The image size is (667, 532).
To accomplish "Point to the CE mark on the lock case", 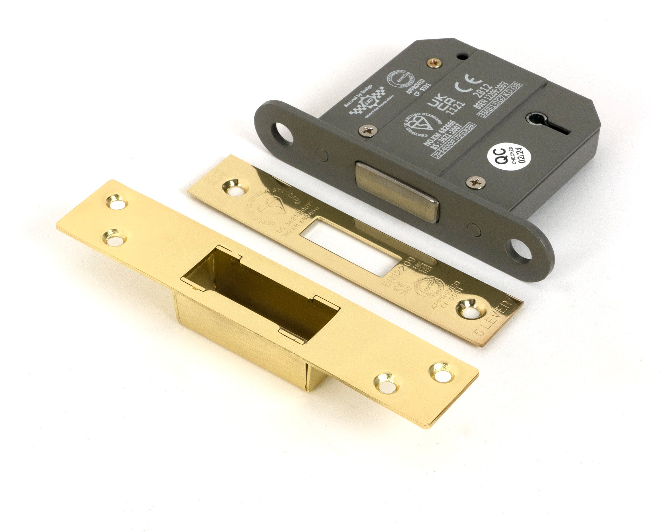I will point(469,82).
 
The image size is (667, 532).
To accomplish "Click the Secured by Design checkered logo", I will point(367,102).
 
